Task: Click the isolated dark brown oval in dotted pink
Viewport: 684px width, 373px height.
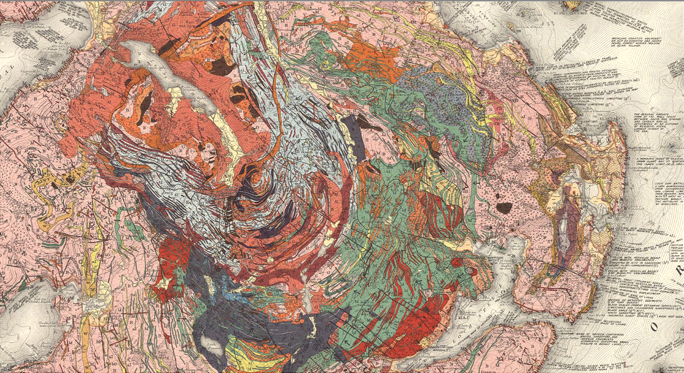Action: (504, 207)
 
